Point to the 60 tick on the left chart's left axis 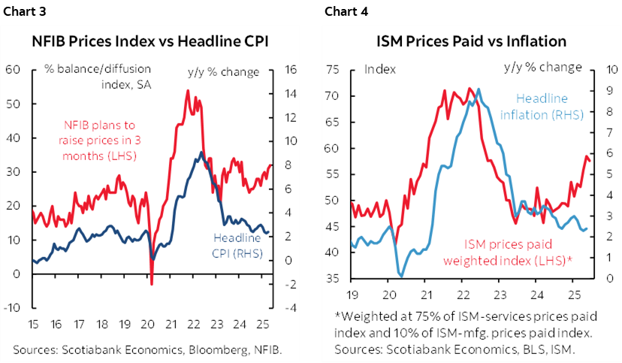click(12, 70)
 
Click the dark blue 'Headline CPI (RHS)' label click(234, 246)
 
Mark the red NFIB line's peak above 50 click(186, 91)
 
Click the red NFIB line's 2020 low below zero click(152, 284)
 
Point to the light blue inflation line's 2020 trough click(401, 275)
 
